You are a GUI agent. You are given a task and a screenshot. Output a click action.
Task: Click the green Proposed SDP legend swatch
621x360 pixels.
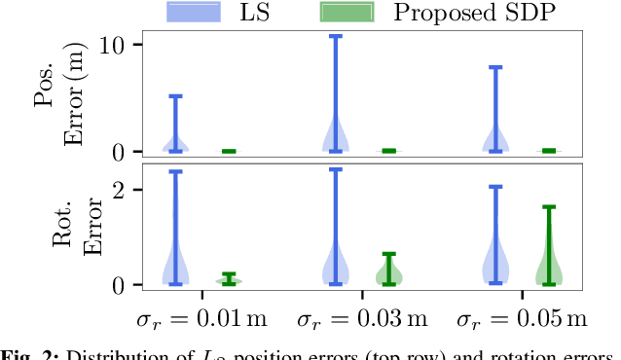click(x=347, y=13)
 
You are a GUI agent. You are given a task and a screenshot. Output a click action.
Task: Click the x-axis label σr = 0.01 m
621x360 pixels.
click(x=202, y=319)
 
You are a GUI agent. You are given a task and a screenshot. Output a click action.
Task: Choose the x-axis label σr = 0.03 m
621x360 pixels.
click(x=362, y=319)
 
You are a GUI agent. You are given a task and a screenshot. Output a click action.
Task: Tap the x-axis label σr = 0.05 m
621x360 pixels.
click(x=522, y=319)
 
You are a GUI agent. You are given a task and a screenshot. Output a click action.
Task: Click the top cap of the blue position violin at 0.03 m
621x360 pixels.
click(x=336, y=36)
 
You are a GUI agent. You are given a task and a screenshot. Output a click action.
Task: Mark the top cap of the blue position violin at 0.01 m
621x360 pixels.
click(x=176, y=95)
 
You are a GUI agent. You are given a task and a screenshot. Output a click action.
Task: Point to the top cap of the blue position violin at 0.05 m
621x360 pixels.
click(x=495, y=67)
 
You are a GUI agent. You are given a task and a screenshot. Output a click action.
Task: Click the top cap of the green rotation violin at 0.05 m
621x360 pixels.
click(x=549, y=206)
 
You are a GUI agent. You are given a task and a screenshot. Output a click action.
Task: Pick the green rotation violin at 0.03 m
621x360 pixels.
click(x=389, y=272)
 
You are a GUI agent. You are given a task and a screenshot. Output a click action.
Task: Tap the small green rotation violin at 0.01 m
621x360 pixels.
click(x=230, y=280)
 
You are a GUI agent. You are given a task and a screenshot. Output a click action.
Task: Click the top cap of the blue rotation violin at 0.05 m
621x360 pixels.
click(x=495, y=186)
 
